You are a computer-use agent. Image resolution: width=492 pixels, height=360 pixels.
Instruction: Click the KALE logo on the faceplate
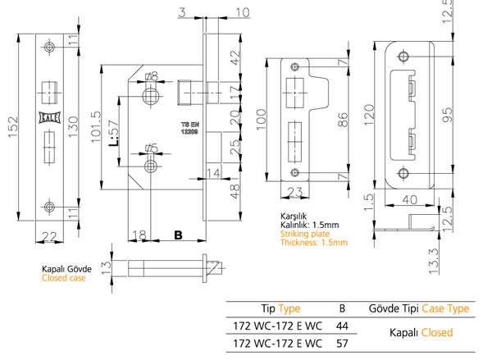pyautogui.click(x=49, y=118)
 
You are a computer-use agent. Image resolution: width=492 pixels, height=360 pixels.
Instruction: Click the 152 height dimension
pyautogui.click(x=13, y=127)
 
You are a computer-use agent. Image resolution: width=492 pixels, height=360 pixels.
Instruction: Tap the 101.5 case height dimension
pyautogui.click(x=97, y=126)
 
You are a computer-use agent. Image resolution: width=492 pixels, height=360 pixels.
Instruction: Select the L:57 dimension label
pyautogui.click(x=114, y=134)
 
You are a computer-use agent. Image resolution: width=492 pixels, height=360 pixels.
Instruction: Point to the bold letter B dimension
pyautogui.click(x=178, y=235)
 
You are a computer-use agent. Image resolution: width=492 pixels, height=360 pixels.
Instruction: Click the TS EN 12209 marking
pyautogui.click(x=190, y=128)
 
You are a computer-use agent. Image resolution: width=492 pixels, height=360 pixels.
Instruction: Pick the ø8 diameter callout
pyautogui.click(x=152, y=76)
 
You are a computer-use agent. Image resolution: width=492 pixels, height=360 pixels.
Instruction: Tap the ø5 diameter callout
pyautogui.click(x=152, y=148)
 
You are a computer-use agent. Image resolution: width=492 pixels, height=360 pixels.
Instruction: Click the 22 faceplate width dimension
pyautogui.click(x=49, y=236)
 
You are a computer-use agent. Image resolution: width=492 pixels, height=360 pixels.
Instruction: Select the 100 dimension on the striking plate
pyautogui.click(x=261, y=119)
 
